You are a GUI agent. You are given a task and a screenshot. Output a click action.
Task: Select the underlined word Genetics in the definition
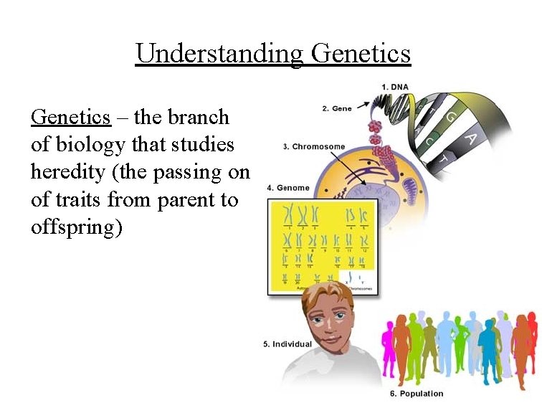tap(71, 117)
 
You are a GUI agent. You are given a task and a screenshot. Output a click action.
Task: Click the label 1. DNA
tap(395, 87)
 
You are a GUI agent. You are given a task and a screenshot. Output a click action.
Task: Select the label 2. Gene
tap(336, 109)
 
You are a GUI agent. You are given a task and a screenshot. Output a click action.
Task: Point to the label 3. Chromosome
tap(314, 147)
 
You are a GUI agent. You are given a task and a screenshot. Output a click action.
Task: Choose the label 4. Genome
tap(288, 188)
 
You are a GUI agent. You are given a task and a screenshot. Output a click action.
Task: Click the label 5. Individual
tap(287, 344)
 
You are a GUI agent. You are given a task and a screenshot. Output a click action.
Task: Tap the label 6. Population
tap(417, 394)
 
